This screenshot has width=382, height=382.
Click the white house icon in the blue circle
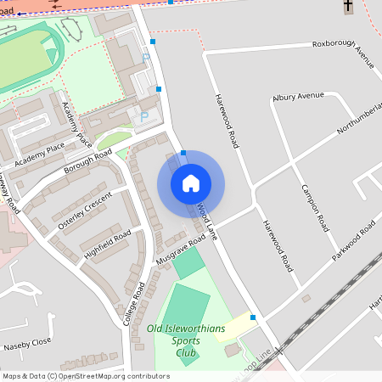point(191,183)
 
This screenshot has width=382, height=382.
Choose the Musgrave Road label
point(182,250)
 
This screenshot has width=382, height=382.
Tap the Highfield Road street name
point(108,244)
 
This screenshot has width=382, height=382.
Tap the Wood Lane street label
point(207,220)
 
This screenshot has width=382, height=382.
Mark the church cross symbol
point(347,7)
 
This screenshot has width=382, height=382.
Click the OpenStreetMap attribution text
point(86,375)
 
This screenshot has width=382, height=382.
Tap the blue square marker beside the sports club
point(253,317)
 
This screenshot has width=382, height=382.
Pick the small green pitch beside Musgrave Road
point(188,262)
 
